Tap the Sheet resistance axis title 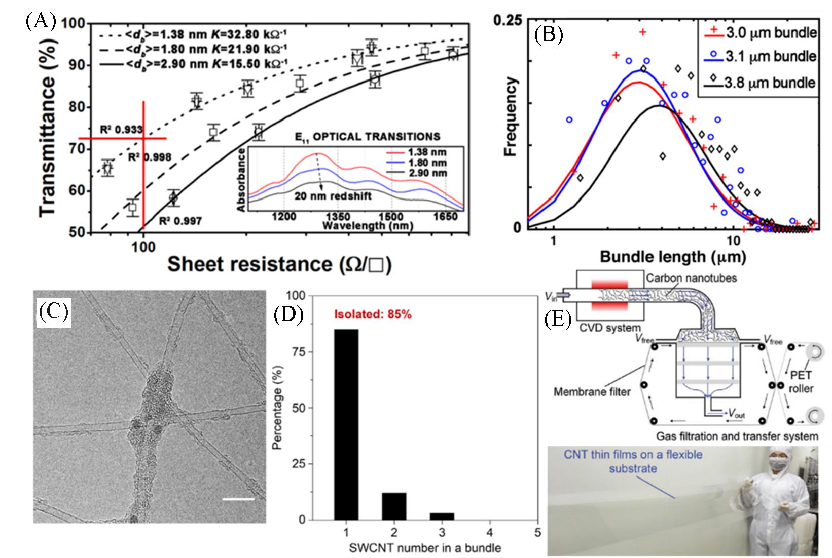tap(279, 264)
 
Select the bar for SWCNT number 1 tap(346, 424)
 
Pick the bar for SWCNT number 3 tap(442, 516)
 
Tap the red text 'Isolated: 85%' tap(372, 314)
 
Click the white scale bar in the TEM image tap(238, 499)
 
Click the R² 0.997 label tap(180, 221)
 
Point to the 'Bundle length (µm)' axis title tap(672, 257)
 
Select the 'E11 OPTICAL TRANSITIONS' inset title tap(368, 136)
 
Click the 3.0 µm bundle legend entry tap(761, 33)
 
